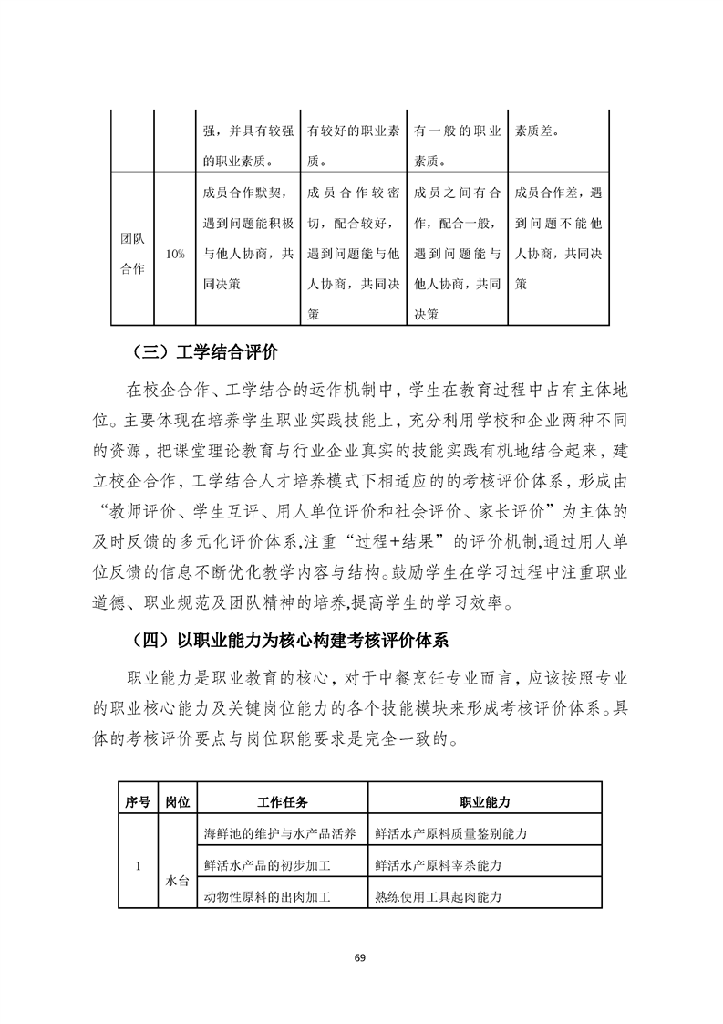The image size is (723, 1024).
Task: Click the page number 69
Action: click(360, 956)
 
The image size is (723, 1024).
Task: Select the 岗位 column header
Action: click(177, 800)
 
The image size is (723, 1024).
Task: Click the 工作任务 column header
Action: click(283, 800)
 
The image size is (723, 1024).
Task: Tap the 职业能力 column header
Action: click(484, 800)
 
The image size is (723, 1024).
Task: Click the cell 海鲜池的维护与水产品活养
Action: click(282, 832)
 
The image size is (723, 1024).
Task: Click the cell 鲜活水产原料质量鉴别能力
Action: click(452, 832)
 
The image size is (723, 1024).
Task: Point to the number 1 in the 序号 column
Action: click(138, 864)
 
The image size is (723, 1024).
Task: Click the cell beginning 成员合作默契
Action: click(246, 238)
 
